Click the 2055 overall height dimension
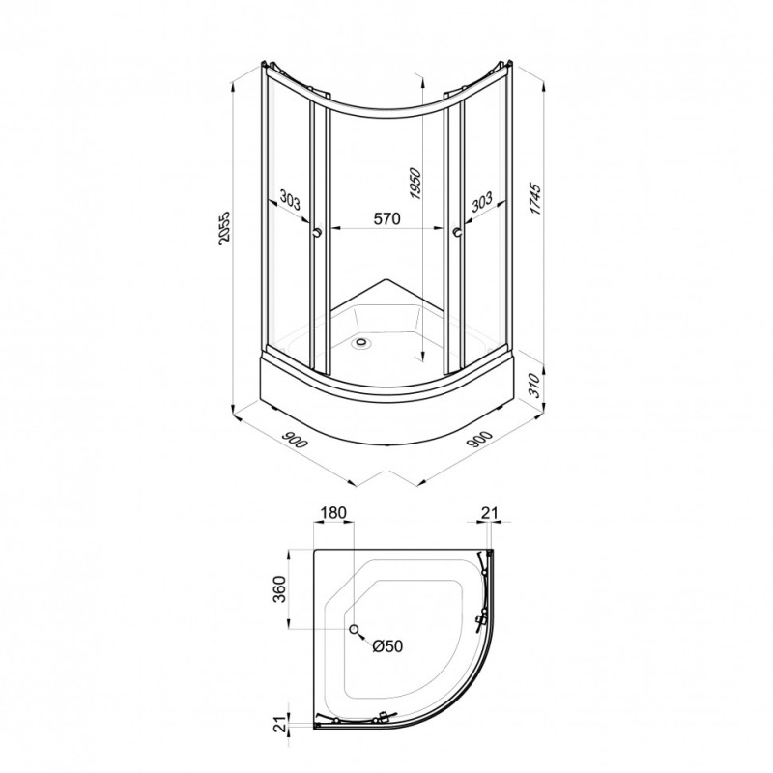(x=224, y=228)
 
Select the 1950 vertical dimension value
(x=415, y=184)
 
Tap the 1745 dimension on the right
(x=535, y=199)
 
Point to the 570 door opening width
(x=386, y=218)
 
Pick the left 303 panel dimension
(x=290, y=200)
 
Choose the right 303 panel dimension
(x=482, y=201)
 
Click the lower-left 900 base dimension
(x=295, y=440)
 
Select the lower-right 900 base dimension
(x=479, y=440)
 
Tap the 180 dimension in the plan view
(x=333, y=512)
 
